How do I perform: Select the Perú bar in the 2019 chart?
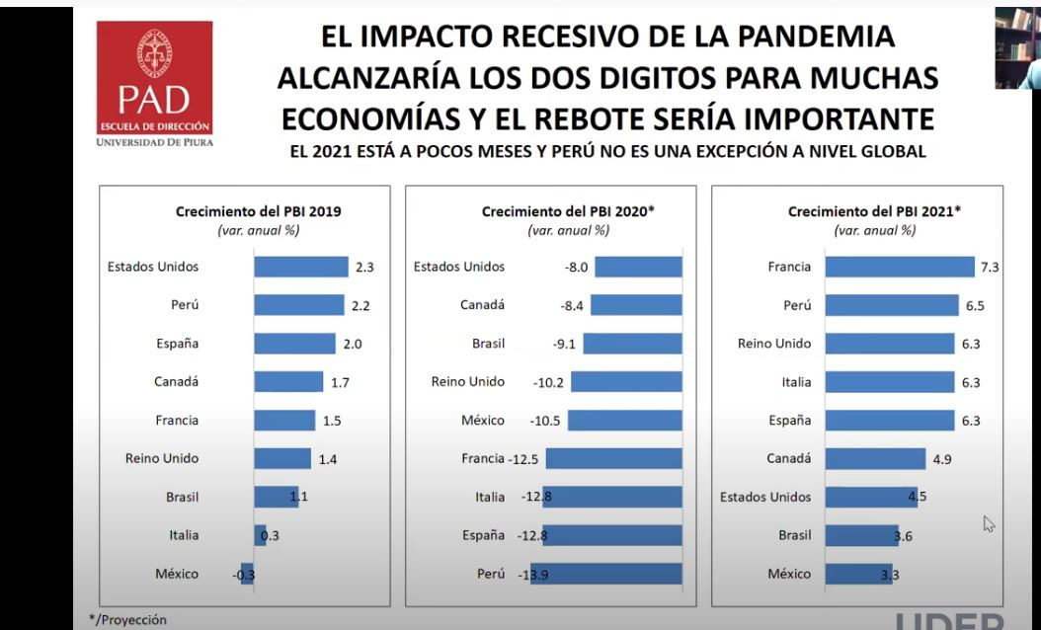point(298,305)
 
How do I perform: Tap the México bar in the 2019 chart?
point(247,574)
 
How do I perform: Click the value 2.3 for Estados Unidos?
point(364,267)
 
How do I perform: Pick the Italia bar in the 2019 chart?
point(260,535)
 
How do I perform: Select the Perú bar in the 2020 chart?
point(605,574)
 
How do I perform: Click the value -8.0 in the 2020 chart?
point(575,267)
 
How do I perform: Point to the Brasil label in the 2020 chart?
point(488,344)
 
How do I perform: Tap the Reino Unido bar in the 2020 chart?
point(626,382)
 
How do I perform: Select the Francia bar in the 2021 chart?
point(899,267)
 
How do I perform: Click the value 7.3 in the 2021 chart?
point(989,267)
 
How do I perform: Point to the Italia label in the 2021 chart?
point(795,382)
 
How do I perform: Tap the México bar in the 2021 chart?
point(857,574)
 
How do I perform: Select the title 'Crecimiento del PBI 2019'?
point(259,211)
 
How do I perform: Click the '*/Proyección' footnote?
point(128,620)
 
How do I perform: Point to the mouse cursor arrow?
point(988,522)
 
